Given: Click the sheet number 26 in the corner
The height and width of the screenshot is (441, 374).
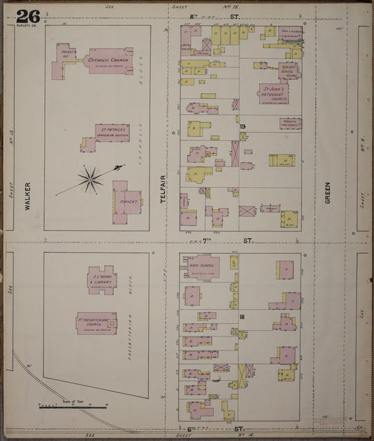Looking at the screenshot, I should tap(28, 15).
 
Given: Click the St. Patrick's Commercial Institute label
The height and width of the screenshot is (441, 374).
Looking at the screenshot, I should tap(112, 132).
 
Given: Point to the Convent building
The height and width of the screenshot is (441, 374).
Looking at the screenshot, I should tap(128, 202).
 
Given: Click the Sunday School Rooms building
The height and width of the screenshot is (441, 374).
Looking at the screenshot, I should tap(288, 71).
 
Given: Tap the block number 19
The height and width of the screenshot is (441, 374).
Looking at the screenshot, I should tap(241, 126).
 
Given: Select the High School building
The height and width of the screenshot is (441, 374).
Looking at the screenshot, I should tap(203, 266).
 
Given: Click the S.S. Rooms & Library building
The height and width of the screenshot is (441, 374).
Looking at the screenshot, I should tap(101, 278).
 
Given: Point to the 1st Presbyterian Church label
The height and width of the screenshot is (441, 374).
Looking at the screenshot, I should tap(96, 323).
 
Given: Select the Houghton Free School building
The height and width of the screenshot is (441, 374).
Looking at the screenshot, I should tap(289, 123).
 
